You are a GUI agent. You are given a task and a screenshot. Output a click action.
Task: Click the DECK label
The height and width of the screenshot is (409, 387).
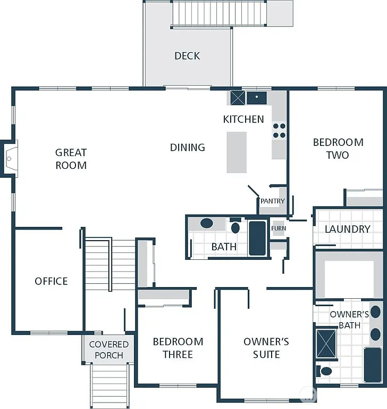point(187,55)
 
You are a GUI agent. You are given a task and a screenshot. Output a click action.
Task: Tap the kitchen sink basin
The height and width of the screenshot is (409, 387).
point(257,97)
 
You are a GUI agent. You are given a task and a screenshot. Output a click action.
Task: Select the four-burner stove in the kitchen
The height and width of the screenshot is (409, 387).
point(279,131)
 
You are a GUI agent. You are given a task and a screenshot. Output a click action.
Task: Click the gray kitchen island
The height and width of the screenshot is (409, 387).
point(237,152)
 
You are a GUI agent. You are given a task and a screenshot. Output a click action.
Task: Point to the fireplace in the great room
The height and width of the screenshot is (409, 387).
point(10,158)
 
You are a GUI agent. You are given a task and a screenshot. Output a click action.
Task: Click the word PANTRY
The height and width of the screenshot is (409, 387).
point(272,201)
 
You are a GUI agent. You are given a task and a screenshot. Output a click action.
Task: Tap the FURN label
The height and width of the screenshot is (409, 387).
point(278,228)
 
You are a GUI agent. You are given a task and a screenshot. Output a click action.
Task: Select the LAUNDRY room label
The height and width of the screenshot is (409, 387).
point(347,229)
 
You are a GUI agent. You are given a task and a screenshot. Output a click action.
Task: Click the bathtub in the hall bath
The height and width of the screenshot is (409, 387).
point(257,238)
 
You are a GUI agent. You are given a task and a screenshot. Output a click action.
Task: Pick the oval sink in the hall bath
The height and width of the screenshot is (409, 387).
point(206,224)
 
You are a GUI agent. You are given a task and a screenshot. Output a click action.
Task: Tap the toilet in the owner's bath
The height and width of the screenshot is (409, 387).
point(325,370)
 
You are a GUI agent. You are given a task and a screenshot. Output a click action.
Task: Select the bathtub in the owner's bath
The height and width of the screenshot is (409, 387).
point(372,364)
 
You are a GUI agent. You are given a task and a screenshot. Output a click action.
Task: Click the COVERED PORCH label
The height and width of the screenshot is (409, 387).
point(108,350)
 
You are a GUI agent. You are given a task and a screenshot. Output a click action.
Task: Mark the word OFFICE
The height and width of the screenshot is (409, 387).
point(51,281)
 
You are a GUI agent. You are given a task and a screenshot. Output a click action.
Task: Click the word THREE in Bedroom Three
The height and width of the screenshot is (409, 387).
point(178,354)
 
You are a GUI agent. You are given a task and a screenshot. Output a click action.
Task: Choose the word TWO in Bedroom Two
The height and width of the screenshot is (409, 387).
point(338,155)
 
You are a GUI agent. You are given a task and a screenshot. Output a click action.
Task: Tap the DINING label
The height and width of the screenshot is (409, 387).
point(187,148)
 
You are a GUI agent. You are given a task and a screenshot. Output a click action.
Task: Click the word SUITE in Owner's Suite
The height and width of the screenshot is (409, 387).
point(266,354)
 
